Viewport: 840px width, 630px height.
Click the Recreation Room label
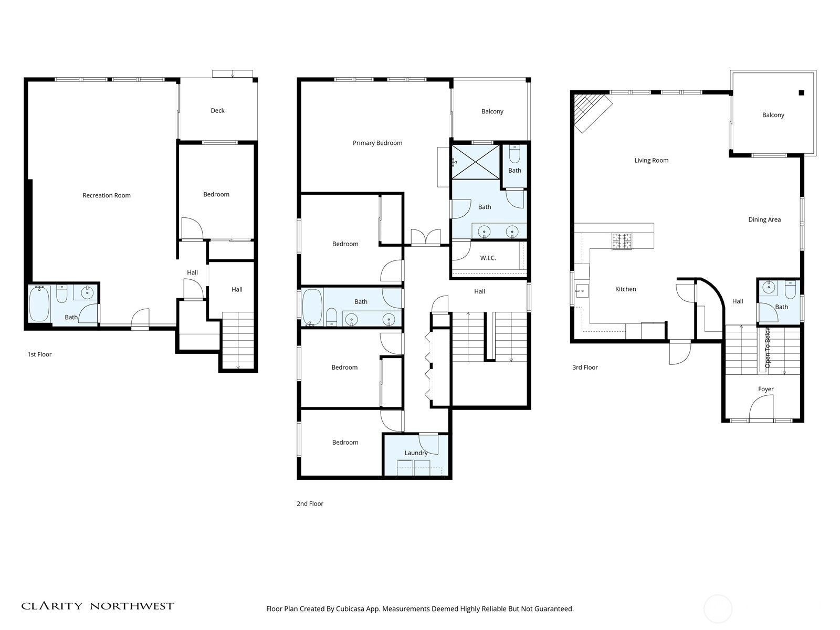pyautogui.click(x=107, y=195)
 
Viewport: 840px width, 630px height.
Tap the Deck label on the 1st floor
pyautogui.click(x=217, y=111)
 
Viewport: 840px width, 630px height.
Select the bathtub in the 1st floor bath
pyautogui.click(x=39, y=304)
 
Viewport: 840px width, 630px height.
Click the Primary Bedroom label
pyautogui.click(x=377, y=143)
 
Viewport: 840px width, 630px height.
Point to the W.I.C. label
pyautogui.click(x=488, y=258)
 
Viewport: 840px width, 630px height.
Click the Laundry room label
pyautogui.click(x=416, y=453)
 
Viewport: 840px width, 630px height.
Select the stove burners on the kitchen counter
pyautogui.click(x=622, y=240)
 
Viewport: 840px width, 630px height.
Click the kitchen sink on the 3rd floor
pyautogui.click(x=581, y=290)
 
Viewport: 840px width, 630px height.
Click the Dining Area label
pyautogui.click(x=764, y=220)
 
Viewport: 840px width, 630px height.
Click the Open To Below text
pyautogui.click(x=768, y=348)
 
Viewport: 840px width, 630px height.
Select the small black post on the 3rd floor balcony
pyautogui.click(x=801, y=93)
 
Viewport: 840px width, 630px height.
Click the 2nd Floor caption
pyautogui.click(x=310, y=504)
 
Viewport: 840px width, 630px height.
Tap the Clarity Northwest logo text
pyautogui.click(x=98, y=606)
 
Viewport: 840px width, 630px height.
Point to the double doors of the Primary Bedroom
pyautogui.click(x=426, y=237)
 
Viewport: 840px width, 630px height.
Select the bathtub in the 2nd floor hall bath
pyautogui.click(x=312, y=307)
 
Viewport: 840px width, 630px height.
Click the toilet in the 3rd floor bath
pyautogui.click(x=790, y=290)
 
